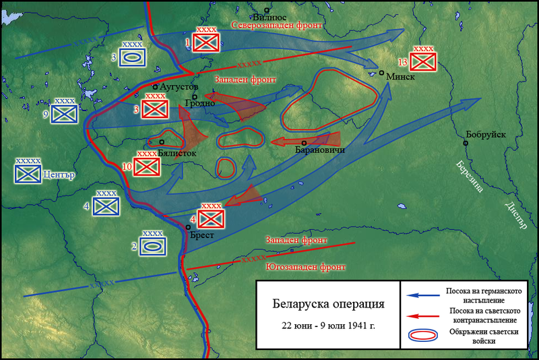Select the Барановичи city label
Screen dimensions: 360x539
click(320, 150)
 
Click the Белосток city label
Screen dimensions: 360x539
click(177, 153)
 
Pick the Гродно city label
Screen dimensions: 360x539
click(200, 104)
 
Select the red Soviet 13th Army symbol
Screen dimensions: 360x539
click(424, 61)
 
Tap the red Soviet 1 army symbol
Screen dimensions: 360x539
click(204, 42)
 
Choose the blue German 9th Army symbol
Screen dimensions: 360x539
click(65, 114)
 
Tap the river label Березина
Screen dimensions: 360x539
click(470, 177)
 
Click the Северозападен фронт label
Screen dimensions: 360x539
click(277, 25)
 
